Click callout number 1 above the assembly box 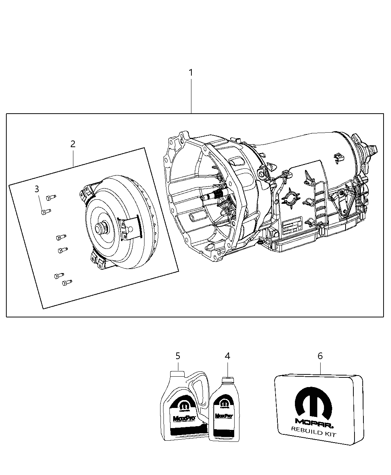click(x=191, y=73)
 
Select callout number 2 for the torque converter click(x=73, y=144)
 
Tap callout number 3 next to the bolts click(x=36, y=189)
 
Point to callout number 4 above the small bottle click(x=227, y=356)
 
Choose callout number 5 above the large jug click(x=178, y=356)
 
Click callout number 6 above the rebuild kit click(x=320, y=356)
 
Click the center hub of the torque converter click(x=101, y=228)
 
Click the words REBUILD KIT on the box click(x=314, y=435)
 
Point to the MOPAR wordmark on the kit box click(x=314, y=422)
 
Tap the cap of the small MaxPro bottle click(x=227, y=381)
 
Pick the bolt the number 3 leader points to click(x=45, y=212)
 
